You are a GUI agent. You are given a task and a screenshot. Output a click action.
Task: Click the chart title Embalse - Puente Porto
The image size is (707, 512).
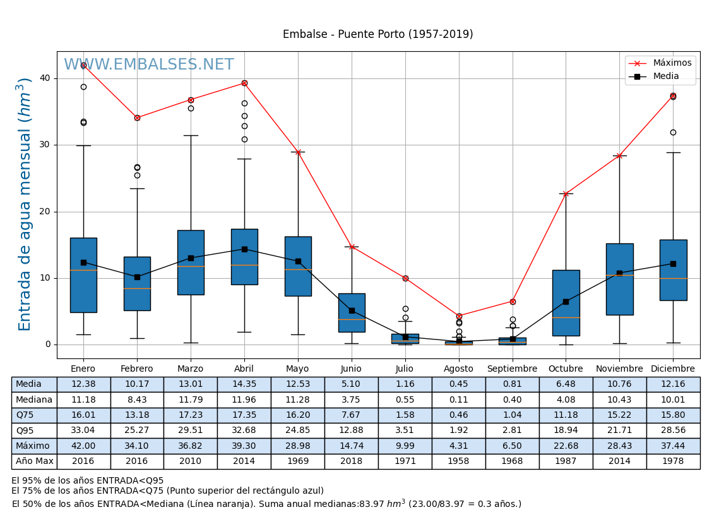[x=377, y=34]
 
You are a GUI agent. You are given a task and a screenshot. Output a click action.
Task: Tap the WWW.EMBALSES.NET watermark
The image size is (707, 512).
[x=148, y=65]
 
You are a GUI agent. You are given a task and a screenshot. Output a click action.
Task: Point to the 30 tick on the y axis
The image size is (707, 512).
[x=45, y=145]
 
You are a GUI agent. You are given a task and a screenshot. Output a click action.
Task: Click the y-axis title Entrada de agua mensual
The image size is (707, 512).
[x=25, y=204]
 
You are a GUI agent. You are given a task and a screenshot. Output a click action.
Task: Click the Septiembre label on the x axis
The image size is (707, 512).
[x=512, y=369]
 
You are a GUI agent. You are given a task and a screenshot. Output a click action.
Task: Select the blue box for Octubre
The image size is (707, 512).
[x=566, y=303]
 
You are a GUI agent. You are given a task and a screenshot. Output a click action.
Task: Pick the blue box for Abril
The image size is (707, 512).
[x=244, y=257]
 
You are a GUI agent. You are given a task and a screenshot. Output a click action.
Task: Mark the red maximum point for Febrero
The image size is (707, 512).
[x=137, y=118]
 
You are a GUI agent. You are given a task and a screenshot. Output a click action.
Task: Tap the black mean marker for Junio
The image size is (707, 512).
[x=352, y=310]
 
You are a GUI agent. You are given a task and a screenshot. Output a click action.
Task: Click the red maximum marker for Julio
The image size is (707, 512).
[x=405, y=278]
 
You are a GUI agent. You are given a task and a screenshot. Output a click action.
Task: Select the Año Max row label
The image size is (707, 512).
[x=34, y=461]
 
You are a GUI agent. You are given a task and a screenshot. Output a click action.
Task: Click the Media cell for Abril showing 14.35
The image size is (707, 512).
[x=244, y=384]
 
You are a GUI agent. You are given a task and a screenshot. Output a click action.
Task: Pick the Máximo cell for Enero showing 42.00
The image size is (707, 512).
[x=83, y=446]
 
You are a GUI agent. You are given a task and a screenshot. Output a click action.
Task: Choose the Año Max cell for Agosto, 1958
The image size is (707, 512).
[x=458, y=461]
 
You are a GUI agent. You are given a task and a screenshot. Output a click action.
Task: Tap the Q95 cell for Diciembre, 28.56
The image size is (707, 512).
[x=673, y=430]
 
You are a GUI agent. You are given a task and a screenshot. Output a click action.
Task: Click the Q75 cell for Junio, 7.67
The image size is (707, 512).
[x=351, y=415]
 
